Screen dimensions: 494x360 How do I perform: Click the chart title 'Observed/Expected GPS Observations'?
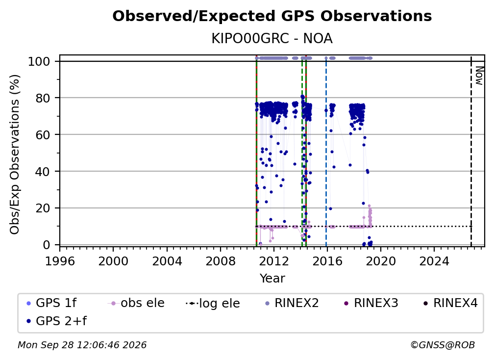pos(272,16)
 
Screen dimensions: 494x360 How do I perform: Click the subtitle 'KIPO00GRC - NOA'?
pos(272,39)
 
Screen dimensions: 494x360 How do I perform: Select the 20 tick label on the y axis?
pos(42,208)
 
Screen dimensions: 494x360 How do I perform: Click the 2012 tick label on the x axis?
pos(274,261)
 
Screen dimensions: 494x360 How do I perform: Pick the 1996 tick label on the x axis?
pos(60,261)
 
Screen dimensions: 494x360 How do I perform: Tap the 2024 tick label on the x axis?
pos(434,261)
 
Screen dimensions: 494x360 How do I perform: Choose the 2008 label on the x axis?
pos(220,261)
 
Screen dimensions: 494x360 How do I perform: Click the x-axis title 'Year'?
pos(272,279)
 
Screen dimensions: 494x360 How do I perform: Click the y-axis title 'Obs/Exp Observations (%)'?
pos(15,154)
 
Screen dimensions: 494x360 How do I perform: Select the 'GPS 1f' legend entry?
pos(52,303)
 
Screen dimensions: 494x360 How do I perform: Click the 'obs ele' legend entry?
pos(136,303)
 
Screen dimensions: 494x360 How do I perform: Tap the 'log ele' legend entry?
pos(213,303)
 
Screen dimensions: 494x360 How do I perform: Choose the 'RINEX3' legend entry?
pos(371,303)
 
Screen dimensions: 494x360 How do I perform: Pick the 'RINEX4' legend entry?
pos(450,303)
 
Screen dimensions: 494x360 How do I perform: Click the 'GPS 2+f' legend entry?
pos(56,321)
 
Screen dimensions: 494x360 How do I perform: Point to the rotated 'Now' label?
pos(479,76)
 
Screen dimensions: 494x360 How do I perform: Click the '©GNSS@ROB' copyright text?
pos(443,345)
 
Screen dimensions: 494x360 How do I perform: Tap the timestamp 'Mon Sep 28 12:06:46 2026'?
pos(82,345)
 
